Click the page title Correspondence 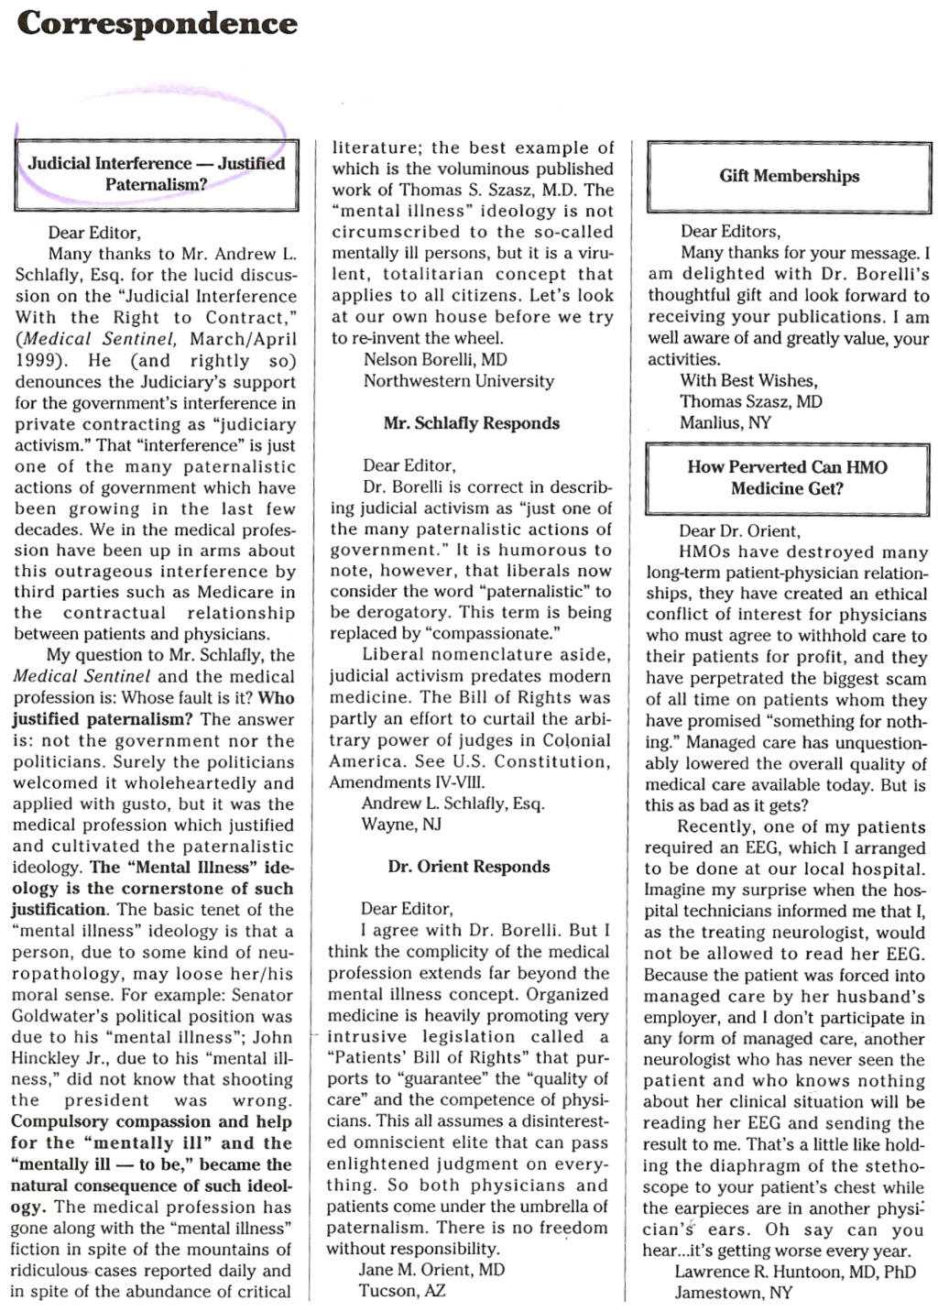pos(157,23)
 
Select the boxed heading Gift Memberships pos(789,176)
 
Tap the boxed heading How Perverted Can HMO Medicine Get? pos(787,477)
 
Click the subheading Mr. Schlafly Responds pos(471,423)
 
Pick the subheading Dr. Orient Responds pos(468,867)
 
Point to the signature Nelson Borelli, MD pos(435,360)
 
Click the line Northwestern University pos(458,381)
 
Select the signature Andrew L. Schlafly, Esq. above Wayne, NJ pos(453,803)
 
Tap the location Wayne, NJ pos(401,825)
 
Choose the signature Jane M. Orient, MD pos(431,1270)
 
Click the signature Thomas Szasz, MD pos(750,401)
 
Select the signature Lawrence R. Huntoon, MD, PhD pos(795,1272)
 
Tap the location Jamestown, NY pos(733,1293)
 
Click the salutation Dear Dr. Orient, pos(739,530)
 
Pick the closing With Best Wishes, pos(748,380)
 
